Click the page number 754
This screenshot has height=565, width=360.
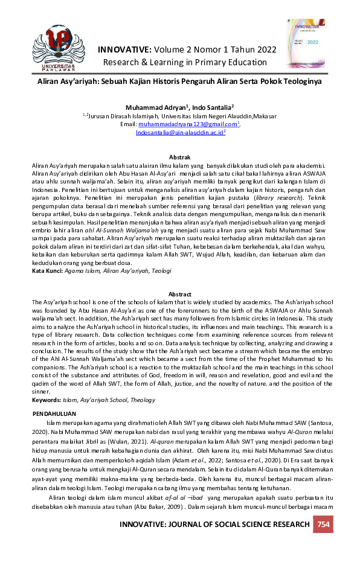click(324, 524)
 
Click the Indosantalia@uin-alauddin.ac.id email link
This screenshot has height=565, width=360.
click(179, 131)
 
